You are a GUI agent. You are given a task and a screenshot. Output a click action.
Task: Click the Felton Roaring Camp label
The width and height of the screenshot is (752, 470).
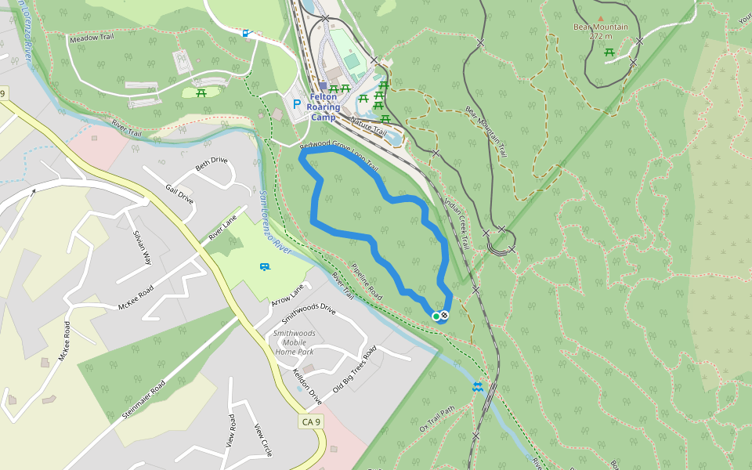click(324, 107)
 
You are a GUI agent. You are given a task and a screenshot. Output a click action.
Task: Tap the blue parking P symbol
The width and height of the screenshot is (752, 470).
click(296, 103)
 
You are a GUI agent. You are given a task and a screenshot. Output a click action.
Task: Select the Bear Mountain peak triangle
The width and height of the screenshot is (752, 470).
click(601, 18)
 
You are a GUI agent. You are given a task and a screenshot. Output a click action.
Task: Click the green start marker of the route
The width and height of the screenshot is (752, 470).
click(436, 316)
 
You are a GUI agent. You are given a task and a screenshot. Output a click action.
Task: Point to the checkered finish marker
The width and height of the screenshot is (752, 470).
click(444, 316)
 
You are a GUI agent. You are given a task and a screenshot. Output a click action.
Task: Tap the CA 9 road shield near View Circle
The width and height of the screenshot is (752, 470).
click(311, 422)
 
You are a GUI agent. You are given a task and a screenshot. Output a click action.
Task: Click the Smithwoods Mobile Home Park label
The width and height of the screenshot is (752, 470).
click(294, 342)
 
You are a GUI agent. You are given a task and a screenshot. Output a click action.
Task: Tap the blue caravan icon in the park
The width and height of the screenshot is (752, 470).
click(265, 267)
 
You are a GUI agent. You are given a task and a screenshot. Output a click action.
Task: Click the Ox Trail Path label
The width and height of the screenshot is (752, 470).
click(437, 419)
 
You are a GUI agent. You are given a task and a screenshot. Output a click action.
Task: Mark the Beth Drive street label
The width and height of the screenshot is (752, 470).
click(211, 163)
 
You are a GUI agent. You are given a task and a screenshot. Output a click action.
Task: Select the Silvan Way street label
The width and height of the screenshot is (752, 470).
click(142, 248)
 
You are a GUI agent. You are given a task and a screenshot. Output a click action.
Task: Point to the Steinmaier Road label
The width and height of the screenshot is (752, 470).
click(144, 398)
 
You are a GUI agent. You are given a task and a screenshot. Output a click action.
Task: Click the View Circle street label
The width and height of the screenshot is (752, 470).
click(262, 440)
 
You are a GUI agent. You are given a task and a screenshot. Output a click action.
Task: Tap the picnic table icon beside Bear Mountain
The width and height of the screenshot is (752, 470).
click(609, 52)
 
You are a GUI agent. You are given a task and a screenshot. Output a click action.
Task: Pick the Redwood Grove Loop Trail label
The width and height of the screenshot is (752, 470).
click(339, 157)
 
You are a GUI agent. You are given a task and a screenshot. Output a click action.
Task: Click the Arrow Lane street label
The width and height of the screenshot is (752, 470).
click(287, 297)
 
